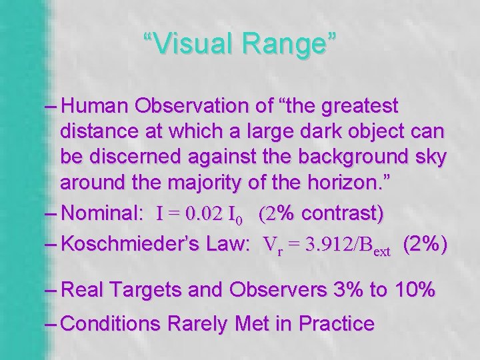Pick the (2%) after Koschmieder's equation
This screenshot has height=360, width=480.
coord(425,244)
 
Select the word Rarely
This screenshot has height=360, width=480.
coord(199,324)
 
